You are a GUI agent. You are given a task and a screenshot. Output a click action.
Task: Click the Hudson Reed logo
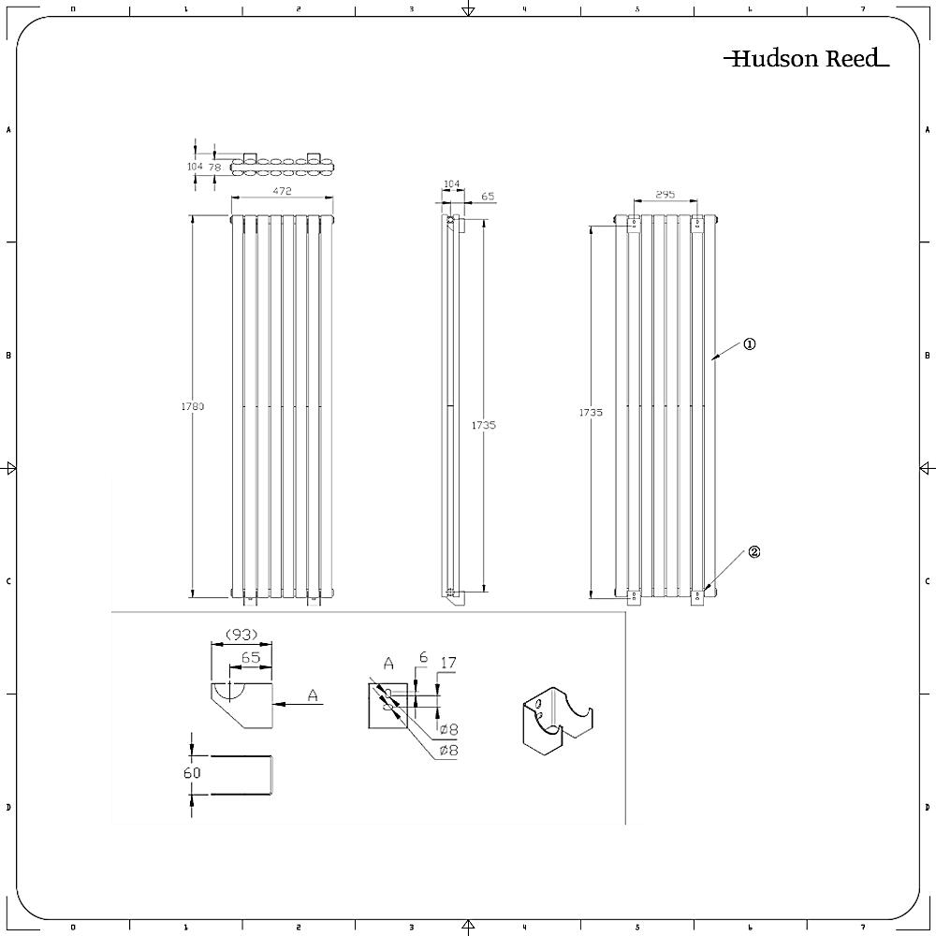(x=805, y=59)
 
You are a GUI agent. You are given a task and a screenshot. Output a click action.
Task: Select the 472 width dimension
(x=282, y=191)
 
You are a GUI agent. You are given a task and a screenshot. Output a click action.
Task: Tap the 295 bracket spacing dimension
(x=664, y=194)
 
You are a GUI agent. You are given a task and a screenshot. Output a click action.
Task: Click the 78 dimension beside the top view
(x=214, y=167)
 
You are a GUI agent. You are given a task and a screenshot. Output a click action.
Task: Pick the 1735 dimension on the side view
(x=484, y=425)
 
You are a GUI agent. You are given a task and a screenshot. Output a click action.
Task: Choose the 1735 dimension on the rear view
(x=591, y=412)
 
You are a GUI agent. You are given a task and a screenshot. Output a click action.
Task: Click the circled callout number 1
(x=749, y=344)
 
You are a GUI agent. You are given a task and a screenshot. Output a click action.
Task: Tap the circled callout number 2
(x=753, y=552)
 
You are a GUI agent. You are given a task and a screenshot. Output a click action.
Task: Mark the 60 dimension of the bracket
(x=192, y=773)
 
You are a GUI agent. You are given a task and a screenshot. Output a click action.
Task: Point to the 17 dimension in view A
(x=448, y=664)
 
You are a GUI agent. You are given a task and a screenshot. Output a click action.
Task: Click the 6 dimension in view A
(x=423, y=658)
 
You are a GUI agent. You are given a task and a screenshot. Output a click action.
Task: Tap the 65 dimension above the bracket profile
(x=250, y=658)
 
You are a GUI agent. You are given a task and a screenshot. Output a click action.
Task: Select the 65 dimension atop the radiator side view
(x=488, y=197)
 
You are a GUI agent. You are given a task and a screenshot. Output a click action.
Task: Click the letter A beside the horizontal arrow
(x=313, y=695)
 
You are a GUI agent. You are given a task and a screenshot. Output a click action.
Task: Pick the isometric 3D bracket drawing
(x=555, y=724)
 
